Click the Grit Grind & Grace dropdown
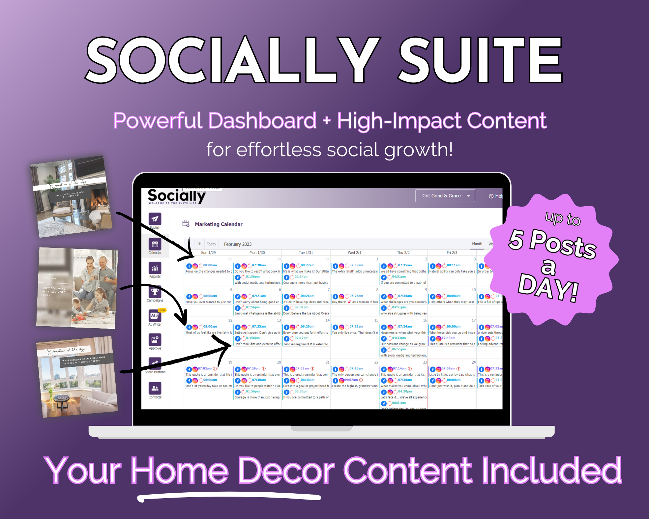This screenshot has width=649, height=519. [x=445, y=196]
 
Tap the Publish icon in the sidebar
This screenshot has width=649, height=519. [x=155, y=219]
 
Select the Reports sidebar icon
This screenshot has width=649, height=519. [x=155, y=268]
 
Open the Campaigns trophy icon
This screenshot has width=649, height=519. [x=155, y=292]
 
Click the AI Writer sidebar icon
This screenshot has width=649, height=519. [x=155, y=316]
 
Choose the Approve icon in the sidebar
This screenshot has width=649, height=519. [x=155, y=340]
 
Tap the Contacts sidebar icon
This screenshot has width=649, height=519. [x=155, y=389]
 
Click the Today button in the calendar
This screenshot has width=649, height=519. [x=211, y=244]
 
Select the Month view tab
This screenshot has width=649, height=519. [x=477, y=244]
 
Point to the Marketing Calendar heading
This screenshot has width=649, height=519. [x=219, y=224]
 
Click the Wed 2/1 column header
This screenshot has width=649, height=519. [x=354, y=253]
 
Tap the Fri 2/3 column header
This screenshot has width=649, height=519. [x=452, y=253]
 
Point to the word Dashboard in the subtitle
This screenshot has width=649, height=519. [x=262, y=121]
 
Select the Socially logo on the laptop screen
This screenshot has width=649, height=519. [x=176, y=196]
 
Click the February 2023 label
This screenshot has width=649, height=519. [x=238, y=244]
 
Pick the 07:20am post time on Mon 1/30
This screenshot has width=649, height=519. [x=259, y=265]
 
